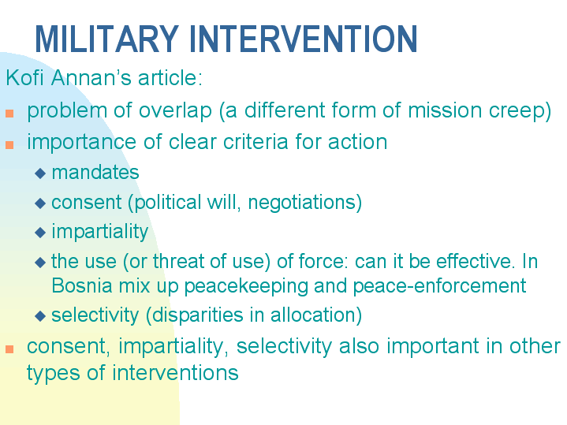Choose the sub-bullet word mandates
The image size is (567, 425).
click(95, 173)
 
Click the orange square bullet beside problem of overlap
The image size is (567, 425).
click(9, 113)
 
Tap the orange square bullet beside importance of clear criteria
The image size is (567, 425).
click(9, 144)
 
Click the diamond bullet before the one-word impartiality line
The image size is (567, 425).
click(41, 233)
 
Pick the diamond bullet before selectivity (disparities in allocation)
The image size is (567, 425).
click(41, 317)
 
